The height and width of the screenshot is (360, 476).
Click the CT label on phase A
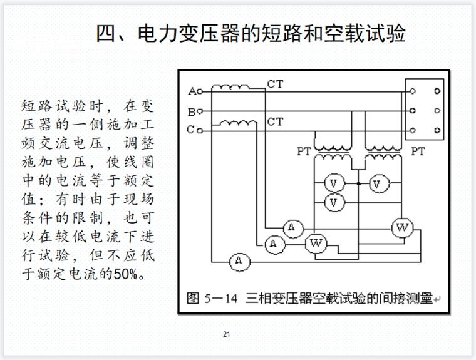click(x=275, y=84)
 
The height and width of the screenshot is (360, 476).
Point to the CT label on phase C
click(x=275, y=121)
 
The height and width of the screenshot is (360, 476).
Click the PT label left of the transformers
click(x=304, y=152)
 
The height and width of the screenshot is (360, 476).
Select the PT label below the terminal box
click(x=418, y=152)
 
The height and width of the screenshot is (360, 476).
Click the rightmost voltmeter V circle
click(x=376, y=184)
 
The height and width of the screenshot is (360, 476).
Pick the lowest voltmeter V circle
click(x=334, y=202)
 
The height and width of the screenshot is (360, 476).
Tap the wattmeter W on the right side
click(x=401, y=229)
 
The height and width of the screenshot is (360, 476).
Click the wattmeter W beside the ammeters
click(x=316, y=243)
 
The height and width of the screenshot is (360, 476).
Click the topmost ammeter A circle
click(x=291, y=229)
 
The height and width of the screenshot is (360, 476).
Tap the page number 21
click(x=227, y=334)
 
